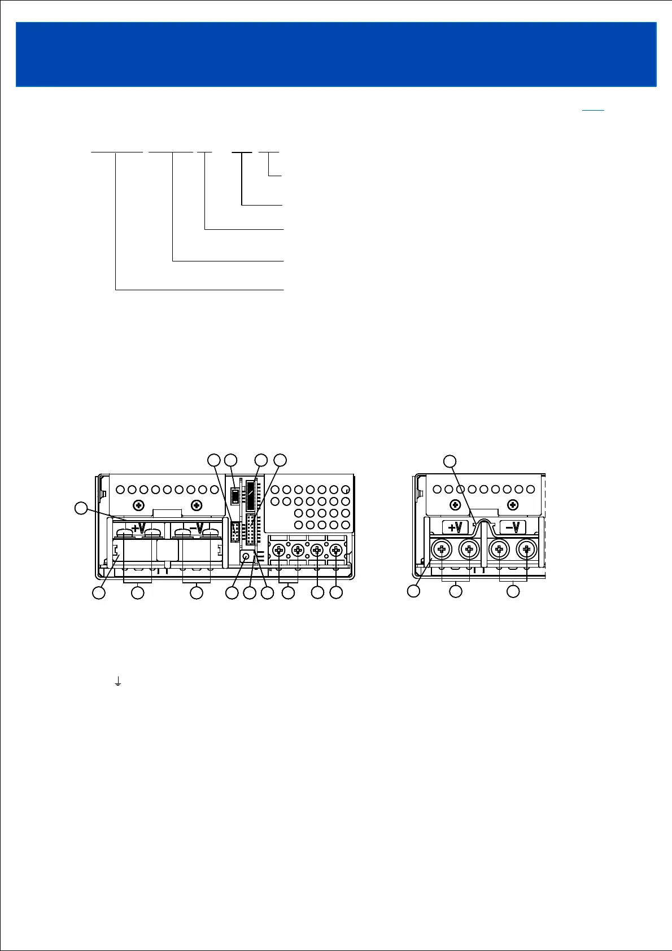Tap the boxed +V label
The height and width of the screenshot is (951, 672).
(x=455, y=527)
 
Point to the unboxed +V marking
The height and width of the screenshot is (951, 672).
(x=138, y=528)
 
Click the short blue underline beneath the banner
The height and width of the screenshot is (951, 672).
(x=592, y=110)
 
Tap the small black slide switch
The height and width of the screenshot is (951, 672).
(x=235, y=487)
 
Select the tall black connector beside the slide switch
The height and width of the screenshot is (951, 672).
(x=250, y=495)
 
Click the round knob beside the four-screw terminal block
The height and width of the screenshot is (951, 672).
(x=246, y=557)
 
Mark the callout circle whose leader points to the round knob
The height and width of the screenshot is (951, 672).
(x=232, y=592)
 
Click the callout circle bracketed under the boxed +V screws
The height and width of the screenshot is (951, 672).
(x=455, y=591)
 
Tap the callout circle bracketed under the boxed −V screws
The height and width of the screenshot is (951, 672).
(x=513, y=591)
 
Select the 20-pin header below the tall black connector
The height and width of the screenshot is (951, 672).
(x=250, y=529)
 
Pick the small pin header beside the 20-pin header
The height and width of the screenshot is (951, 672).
(x=235, y=531)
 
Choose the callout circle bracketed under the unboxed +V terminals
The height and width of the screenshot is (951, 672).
(x=137, y=592)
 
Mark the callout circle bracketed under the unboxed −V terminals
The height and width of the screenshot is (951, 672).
(x=196, y=592)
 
